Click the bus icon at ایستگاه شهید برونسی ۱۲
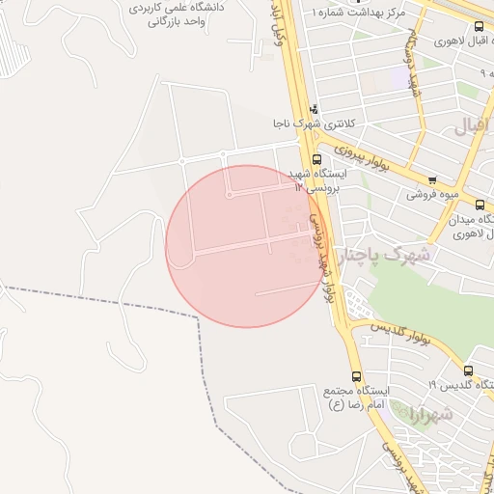pos(316,159)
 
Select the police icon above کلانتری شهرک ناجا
pos(314,109)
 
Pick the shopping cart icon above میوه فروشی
pos(432,179)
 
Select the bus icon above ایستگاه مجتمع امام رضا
pos(357,375)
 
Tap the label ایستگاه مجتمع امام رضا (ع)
pos(358,396)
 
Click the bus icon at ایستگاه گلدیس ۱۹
pos(468,370)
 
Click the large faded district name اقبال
pos(473,125)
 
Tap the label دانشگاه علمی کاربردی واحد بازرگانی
pos(176,14)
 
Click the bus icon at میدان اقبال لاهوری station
pos(480,205)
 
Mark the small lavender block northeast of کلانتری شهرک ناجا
pos(399,78)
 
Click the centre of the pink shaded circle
pos(246,246)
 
